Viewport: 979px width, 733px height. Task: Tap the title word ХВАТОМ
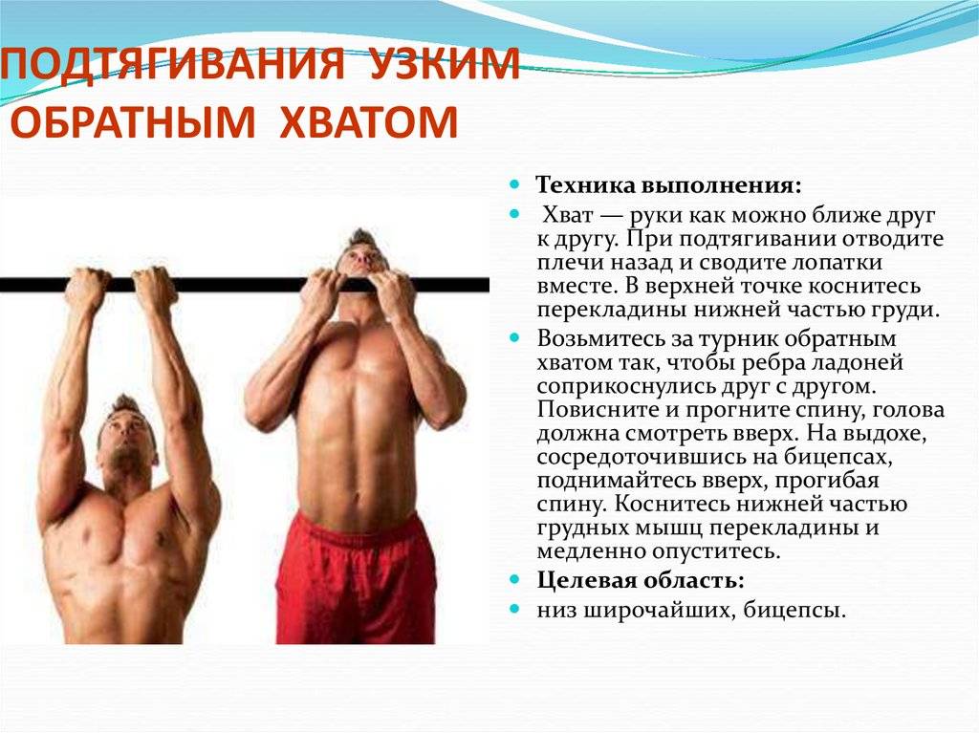[x=368, y=124]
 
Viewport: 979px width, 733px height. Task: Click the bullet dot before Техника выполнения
[x=514, y=182]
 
